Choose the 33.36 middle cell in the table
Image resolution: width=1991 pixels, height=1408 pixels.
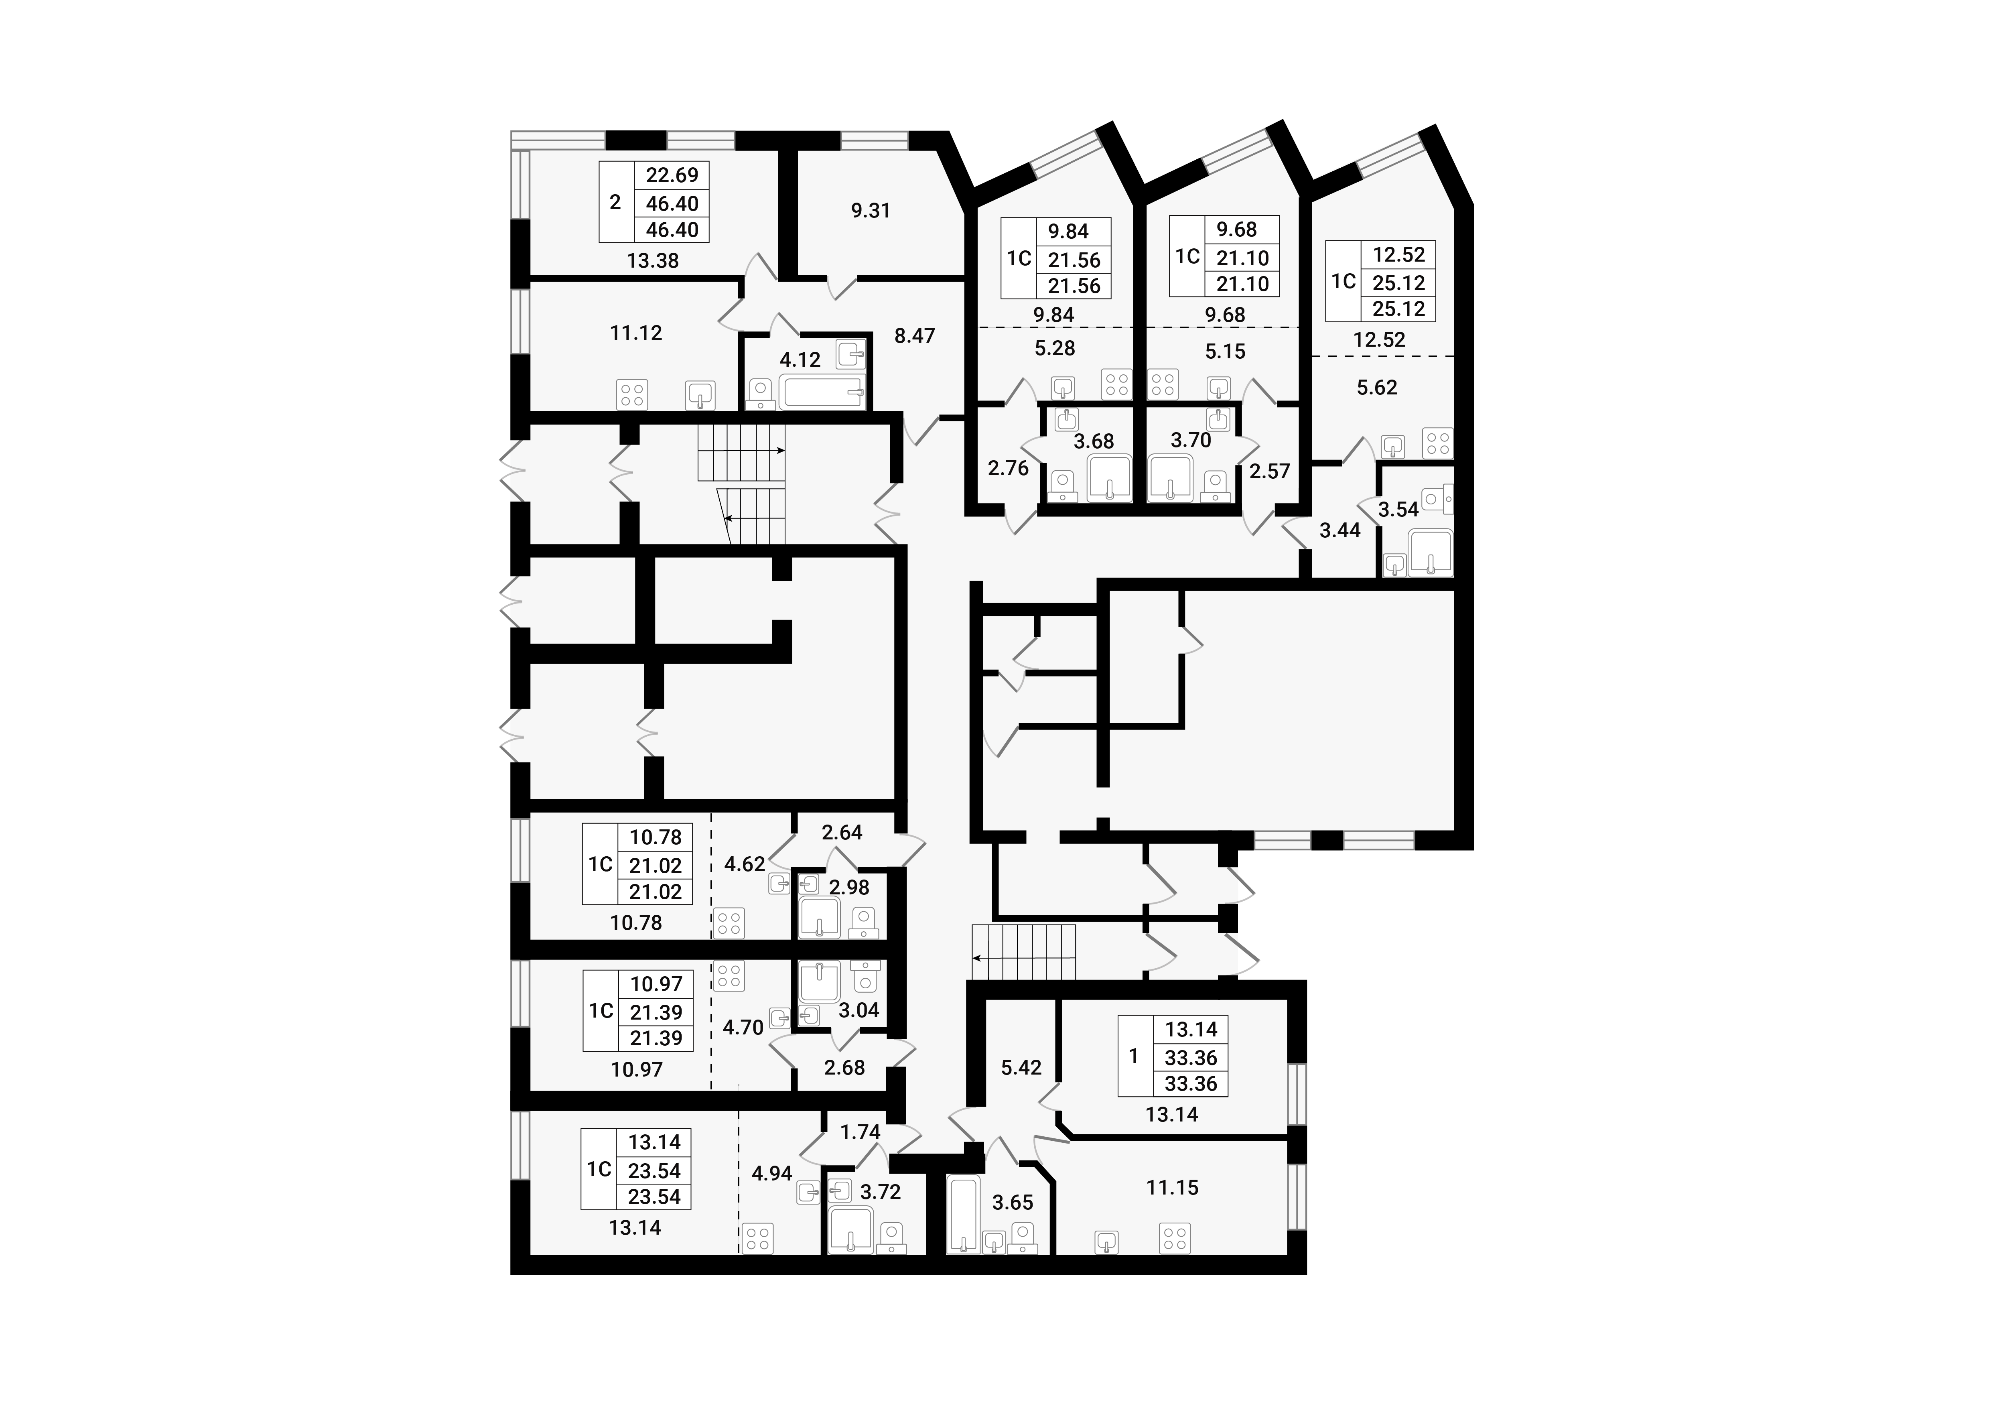pyautogui.click(x=1191, y=1058)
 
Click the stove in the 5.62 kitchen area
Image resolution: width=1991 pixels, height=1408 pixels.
pyautogui.click(x=1438, y=443)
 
